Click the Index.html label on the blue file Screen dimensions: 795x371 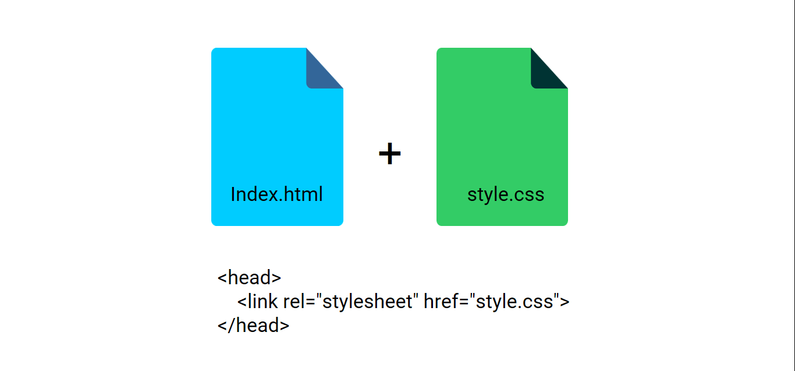point(276,194)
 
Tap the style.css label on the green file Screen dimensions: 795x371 point(505,195)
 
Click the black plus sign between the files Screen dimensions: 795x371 point(390,153)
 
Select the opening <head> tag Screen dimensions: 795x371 point(249,277)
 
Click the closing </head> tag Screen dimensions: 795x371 point(253,325)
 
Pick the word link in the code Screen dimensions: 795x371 point(262,302)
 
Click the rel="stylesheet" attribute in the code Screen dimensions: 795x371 point(351,302)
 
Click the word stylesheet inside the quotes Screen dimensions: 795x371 point(367,302)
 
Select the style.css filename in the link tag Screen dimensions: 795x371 point(514,302)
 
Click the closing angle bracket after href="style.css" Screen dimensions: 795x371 point(565,302)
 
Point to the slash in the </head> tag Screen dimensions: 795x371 point(232,325)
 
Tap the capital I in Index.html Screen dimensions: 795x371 point(233,194)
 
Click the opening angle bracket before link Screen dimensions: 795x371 point(242,302)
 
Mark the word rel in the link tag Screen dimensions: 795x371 point(294,302)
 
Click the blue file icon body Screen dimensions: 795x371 point(277,142)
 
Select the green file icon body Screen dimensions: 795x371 point(502,142)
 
